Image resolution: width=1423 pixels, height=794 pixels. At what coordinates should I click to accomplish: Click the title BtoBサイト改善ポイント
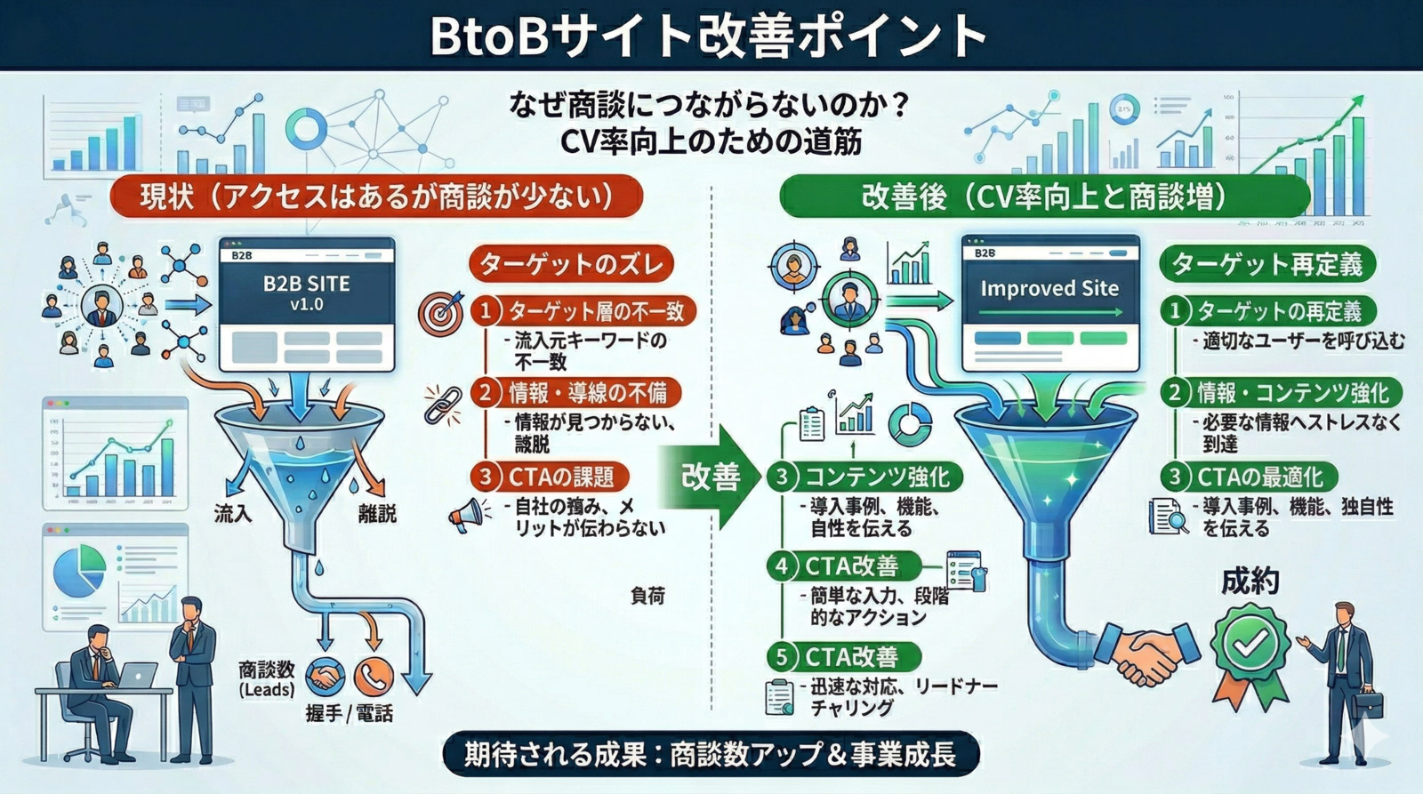(709, 36)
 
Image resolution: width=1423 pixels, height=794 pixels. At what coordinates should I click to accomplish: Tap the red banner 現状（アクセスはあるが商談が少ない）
(375, 196)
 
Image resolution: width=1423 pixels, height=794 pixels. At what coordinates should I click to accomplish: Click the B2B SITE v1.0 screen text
(307, 293)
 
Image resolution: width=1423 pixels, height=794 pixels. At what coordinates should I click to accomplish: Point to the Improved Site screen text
(1049, 288)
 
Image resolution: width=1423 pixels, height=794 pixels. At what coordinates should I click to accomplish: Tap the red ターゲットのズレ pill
(571, 264)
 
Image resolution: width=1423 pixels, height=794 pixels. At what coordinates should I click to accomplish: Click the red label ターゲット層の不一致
(596, 311)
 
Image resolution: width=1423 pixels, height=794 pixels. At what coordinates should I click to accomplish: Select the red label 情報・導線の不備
(587, 393)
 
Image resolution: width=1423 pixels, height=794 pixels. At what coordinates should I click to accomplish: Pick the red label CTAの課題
(561, 477)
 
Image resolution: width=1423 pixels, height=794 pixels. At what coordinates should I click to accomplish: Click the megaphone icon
(469, 515)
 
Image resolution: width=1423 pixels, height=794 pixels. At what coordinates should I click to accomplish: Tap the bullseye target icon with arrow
(442, 312)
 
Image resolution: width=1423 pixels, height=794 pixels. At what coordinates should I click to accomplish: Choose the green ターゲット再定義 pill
(1266, 264)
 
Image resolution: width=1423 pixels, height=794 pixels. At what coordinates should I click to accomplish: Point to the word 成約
(1250, 581)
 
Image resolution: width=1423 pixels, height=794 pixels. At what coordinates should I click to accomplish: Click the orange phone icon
(374, 677)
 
